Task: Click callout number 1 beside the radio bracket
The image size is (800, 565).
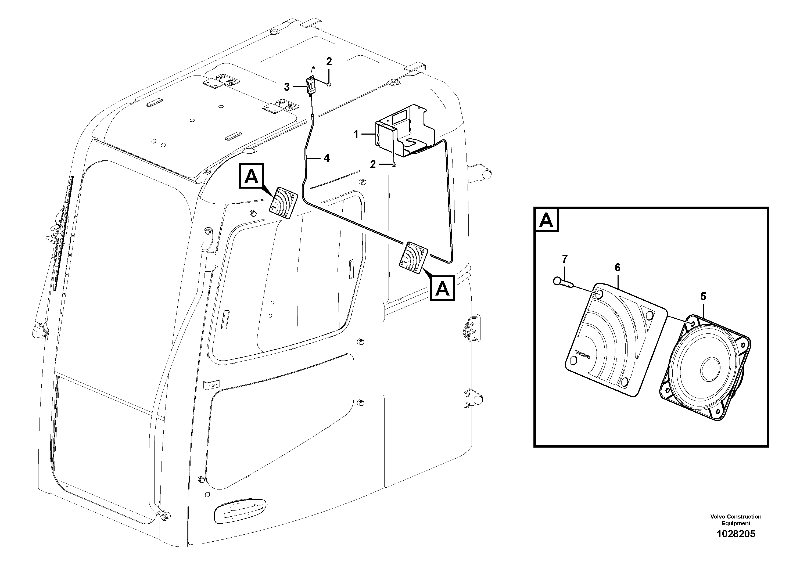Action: pos(356,134)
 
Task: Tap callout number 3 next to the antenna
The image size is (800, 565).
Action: pos(287,87)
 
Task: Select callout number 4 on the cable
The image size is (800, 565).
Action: pos(327,158)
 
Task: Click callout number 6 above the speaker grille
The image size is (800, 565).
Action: pos(618,268)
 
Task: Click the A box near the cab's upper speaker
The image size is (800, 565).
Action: pos(252,177)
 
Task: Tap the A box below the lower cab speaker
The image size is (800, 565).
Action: pos(443,289)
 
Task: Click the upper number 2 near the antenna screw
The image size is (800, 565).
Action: pos(329,62)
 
